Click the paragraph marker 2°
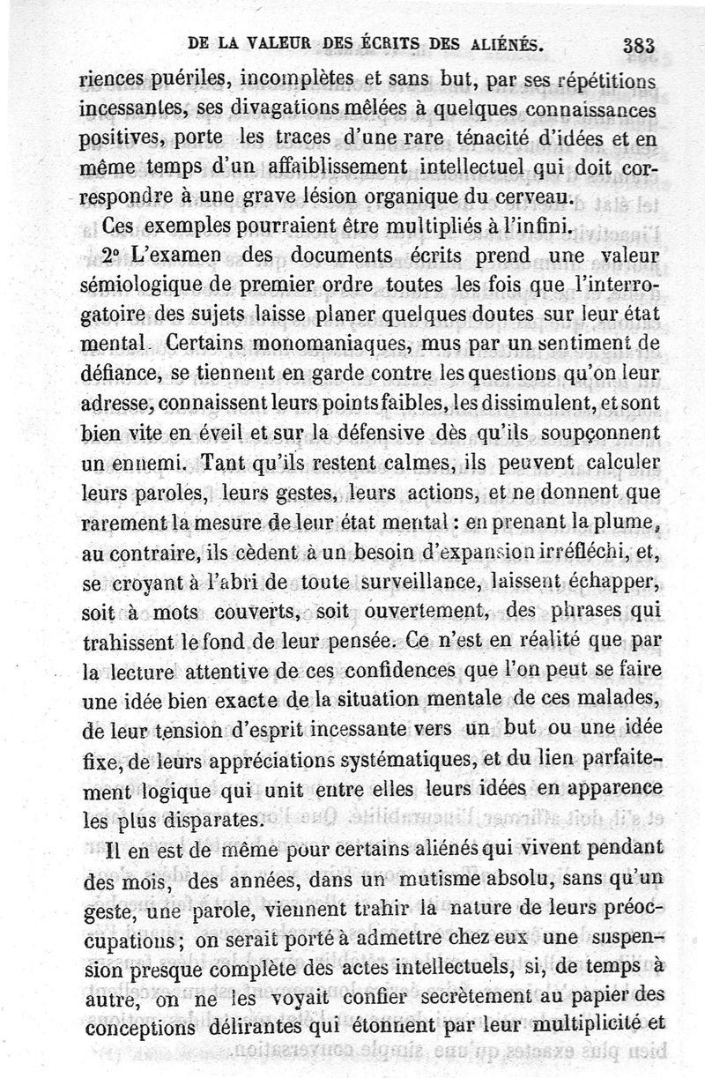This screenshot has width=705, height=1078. [115, 256]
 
